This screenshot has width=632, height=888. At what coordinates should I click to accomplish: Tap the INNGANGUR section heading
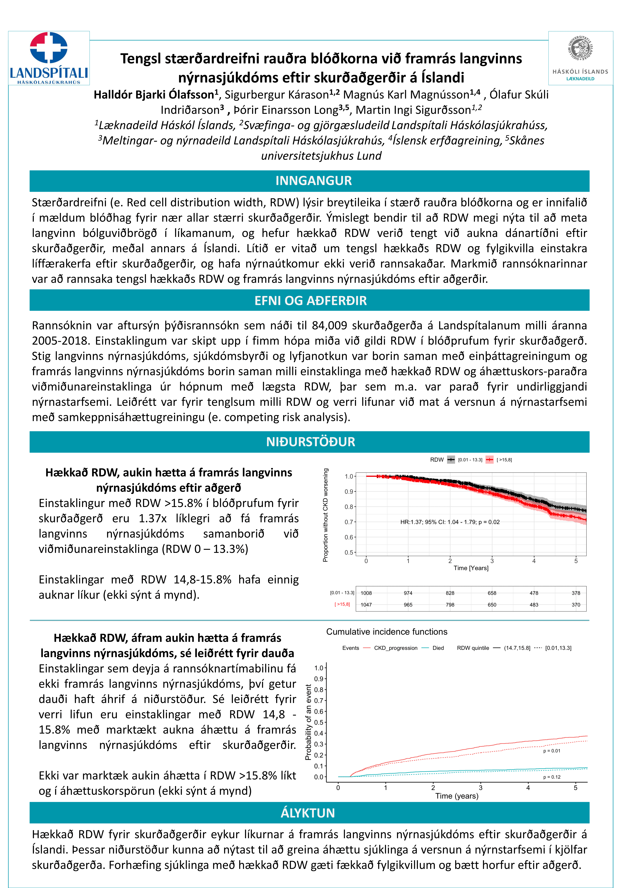313,181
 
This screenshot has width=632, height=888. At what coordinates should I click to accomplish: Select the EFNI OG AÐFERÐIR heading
310,301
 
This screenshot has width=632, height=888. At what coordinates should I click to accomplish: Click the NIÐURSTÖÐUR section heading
310,442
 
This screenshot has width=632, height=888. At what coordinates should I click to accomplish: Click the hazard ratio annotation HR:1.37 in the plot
449,522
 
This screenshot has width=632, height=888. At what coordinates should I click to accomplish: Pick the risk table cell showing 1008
366,593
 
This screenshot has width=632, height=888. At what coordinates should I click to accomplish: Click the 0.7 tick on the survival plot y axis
349,522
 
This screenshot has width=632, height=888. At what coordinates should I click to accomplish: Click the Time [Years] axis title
471,568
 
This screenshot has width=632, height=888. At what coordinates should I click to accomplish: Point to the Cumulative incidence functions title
386,632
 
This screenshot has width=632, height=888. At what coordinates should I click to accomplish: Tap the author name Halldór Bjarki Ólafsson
154,95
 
